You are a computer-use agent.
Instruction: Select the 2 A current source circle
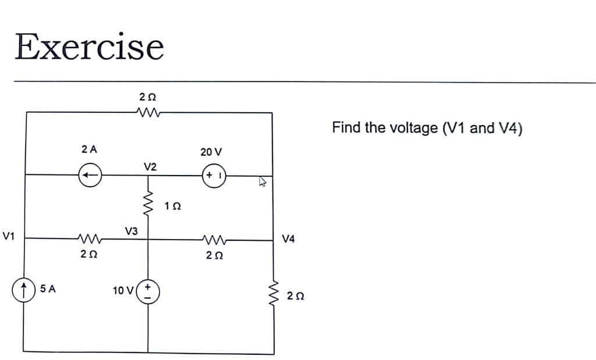click(x=90, y=174)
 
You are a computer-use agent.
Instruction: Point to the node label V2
click(x=150, y=167)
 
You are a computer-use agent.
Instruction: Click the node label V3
click(x=131, y=231)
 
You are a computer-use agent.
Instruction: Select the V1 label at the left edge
click(x=9, y=236)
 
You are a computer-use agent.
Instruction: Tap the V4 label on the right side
click(x=289, y=238)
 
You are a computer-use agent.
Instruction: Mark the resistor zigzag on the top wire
click(x=149, y=112)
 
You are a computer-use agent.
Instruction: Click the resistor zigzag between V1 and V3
click(x=90, y=238)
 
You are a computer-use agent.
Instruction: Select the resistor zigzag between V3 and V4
click(x=214, y=239)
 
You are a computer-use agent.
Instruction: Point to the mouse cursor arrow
click(x=262, y=183)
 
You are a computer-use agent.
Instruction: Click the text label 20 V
click(x=211, y=152)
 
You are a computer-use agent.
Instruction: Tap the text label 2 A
click(x=89, y=149)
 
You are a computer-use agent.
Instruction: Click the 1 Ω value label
click(x=173, y=206)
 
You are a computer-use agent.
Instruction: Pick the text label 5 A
click(x=48, y=288)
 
